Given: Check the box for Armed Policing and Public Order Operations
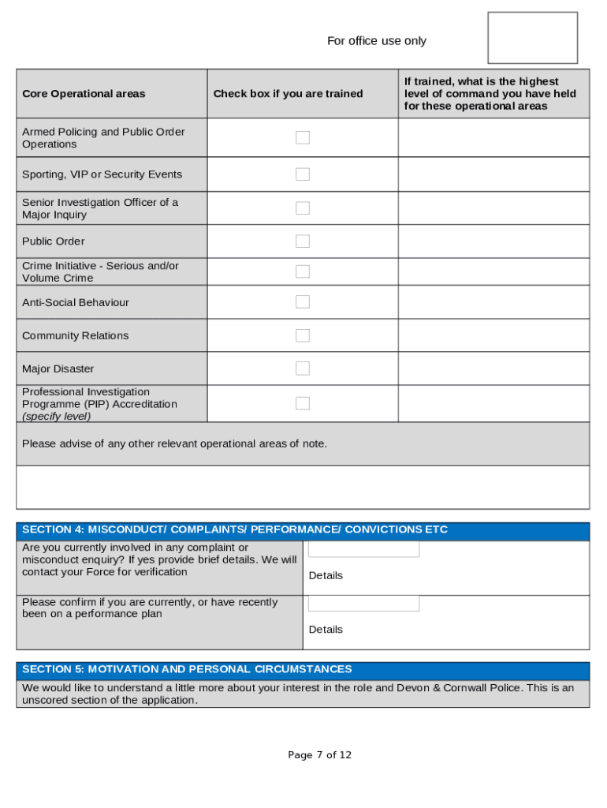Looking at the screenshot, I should pos(303,138).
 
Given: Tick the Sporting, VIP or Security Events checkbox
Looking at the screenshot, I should pos(303,174).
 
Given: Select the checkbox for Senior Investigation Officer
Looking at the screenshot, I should pos(303,208).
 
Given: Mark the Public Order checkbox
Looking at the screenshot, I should pos(303,241).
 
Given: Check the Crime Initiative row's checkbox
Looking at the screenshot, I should pos(303,271).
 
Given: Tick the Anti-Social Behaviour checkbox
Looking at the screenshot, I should pos(303,302).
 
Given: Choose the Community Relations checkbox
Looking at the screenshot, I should pos(303,335).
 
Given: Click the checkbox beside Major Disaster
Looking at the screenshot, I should pos(303,368).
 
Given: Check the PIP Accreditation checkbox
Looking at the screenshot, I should pos(303,403).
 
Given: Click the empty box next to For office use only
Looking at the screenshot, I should pos(533,38).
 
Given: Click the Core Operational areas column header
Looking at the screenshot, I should pos(84,94).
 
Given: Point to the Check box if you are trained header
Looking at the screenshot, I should pos(288,94).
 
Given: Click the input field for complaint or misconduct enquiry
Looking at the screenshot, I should pos(363,549).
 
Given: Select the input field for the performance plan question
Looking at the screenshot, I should pos(363,604).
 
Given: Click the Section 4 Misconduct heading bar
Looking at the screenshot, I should pos(303,530).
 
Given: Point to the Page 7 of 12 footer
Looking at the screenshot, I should pos(320,755).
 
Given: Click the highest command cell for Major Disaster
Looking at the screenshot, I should pos(493,368).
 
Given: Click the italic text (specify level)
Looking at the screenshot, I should pos(56,416).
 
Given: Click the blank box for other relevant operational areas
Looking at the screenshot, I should pos(303,487).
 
